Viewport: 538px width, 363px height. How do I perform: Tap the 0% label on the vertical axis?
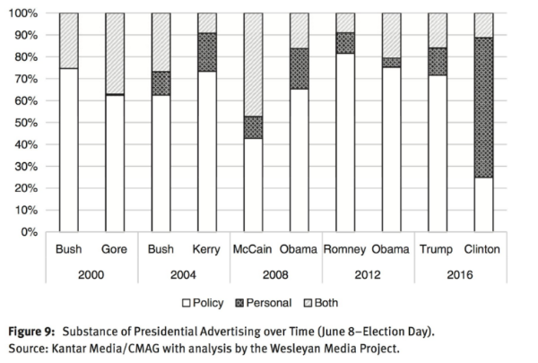point(28,232)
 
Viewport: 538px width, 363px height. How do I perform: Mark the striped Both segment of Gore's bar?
point(114,53)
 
